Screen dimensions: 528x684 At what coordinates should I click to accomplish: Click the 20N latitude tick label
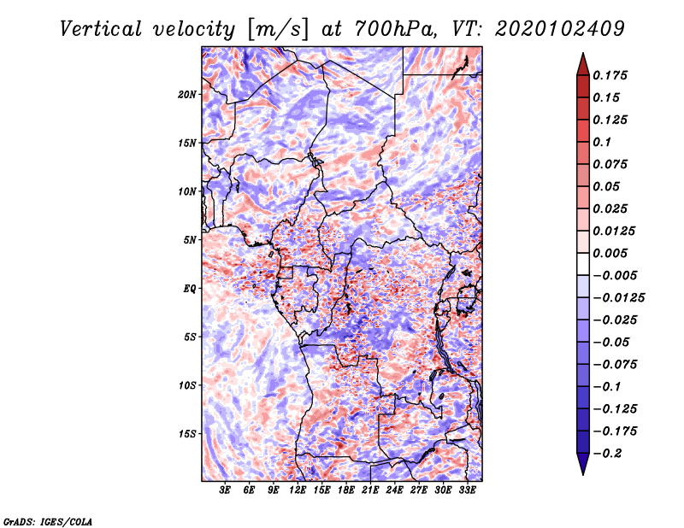[x=187, y=94]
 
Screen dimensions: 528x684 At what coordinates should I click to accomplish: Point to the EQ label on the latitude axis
[x=191, y=288]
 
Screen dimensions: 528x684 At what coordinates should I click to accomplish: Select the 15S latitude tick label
[x=187, y=433]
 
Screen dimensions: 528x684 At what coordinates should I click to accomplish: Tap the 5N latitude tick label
[x=190, y=239]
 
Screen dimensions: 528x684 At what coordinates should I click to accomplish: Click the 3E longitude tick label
[x=226, y=490]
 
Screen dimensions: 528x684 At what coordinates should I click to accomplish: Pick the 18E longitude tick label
[x=346, y=490]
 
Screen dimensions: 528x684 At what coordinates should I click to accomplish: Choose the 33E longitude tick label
[x=468, y=490]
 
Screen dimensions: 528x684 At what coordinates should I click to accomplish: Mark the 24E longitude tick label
[x=395, y=490]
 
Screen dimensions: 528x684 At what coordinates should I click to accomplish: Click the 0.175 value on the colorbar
[x=610, y=75]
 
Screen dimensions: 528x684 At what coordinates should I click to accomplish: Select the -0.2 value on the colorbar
[x=608, y=452]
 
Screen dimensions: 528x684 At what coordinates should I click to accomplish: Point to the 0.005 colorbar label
[x=610, y=253]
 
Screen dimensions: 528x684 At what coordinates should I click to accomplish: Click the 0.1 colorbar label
[x=602, y=142]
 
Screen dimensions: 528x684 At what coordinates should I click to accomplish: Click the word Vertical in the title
[x=101, y=28]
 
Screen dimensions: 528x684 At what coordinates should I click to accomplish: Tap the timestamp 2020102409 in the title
[x=546, y=28]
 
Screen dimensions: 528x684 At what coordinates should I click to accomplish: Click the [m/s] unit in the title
[x=274, y=28]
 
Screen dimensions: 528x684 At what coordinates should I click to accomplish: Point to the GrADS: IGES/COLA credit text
[x=48, y=520]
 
